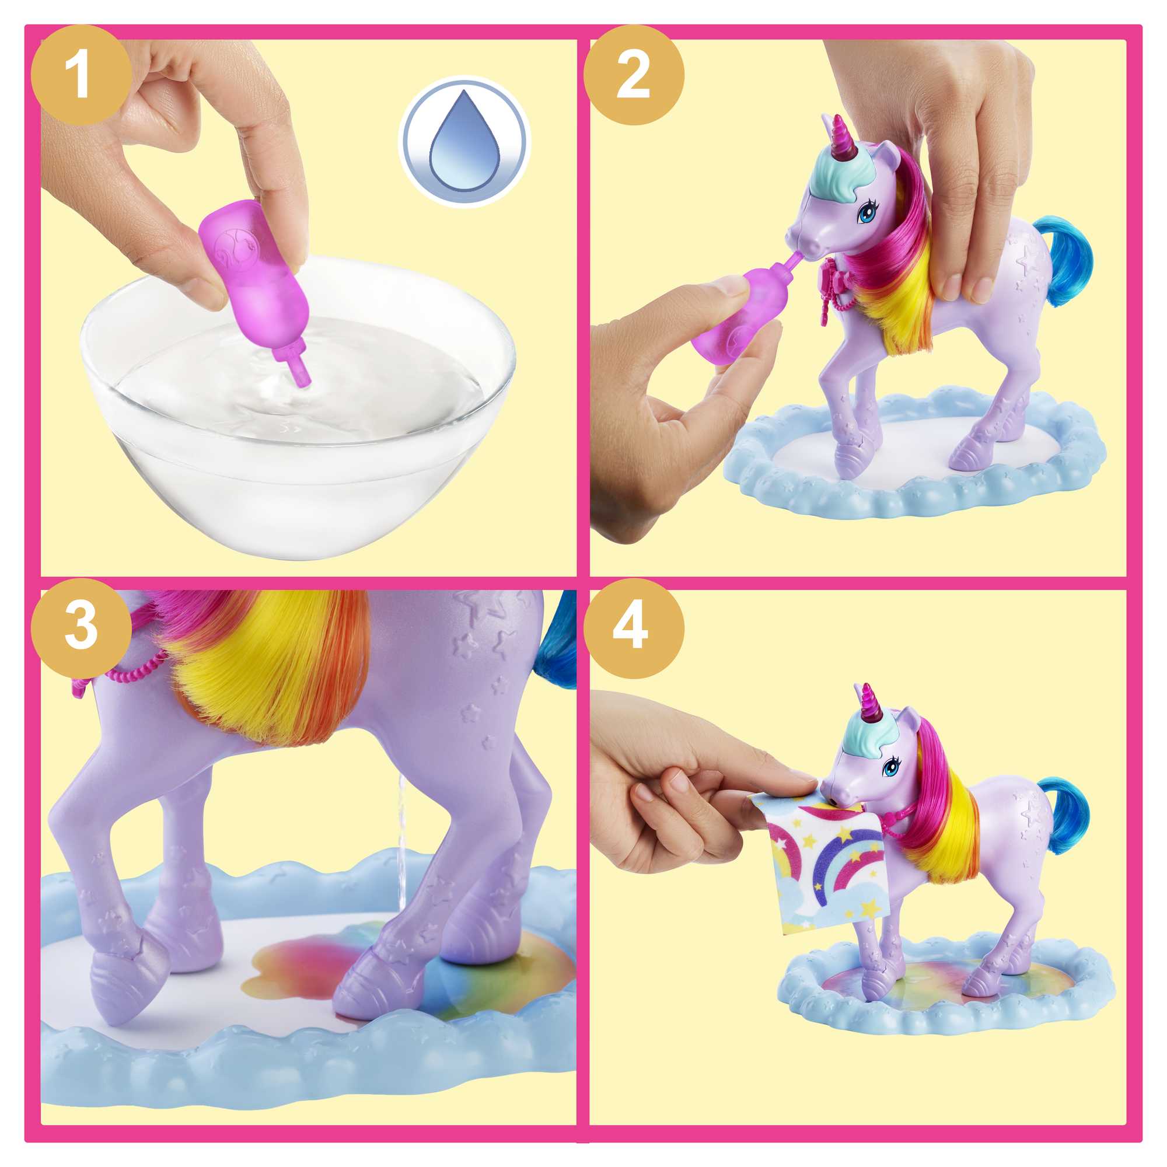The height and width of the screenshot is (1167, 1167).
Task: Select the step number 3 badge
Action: click(81, 628)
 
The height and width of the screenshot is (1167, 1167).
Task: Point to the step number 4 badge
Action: click(633, 628)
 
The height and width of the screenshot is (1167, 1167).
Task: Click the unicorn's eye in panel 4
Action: click(890, 768)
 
